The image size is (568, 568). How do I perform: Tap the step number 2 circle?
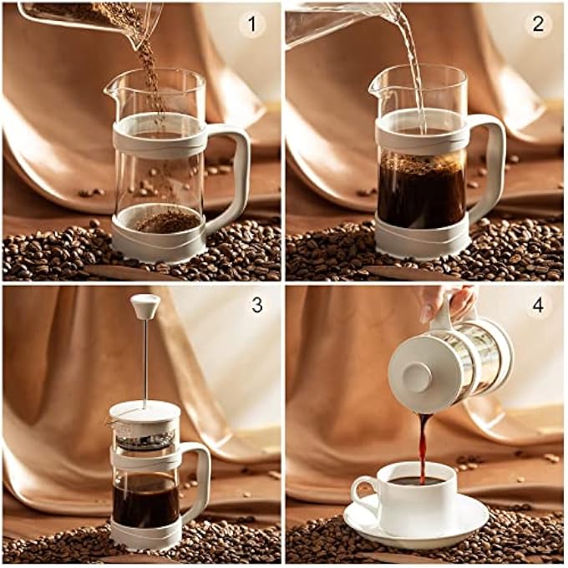tap(537, 24)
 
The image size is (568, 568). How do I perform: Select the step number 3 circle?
tap(256, 305)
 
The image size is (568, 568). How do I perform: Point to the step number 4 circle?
tap(537, 305)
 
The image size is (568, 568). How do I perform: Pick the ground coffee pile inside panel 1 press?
tap(167, 221)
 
